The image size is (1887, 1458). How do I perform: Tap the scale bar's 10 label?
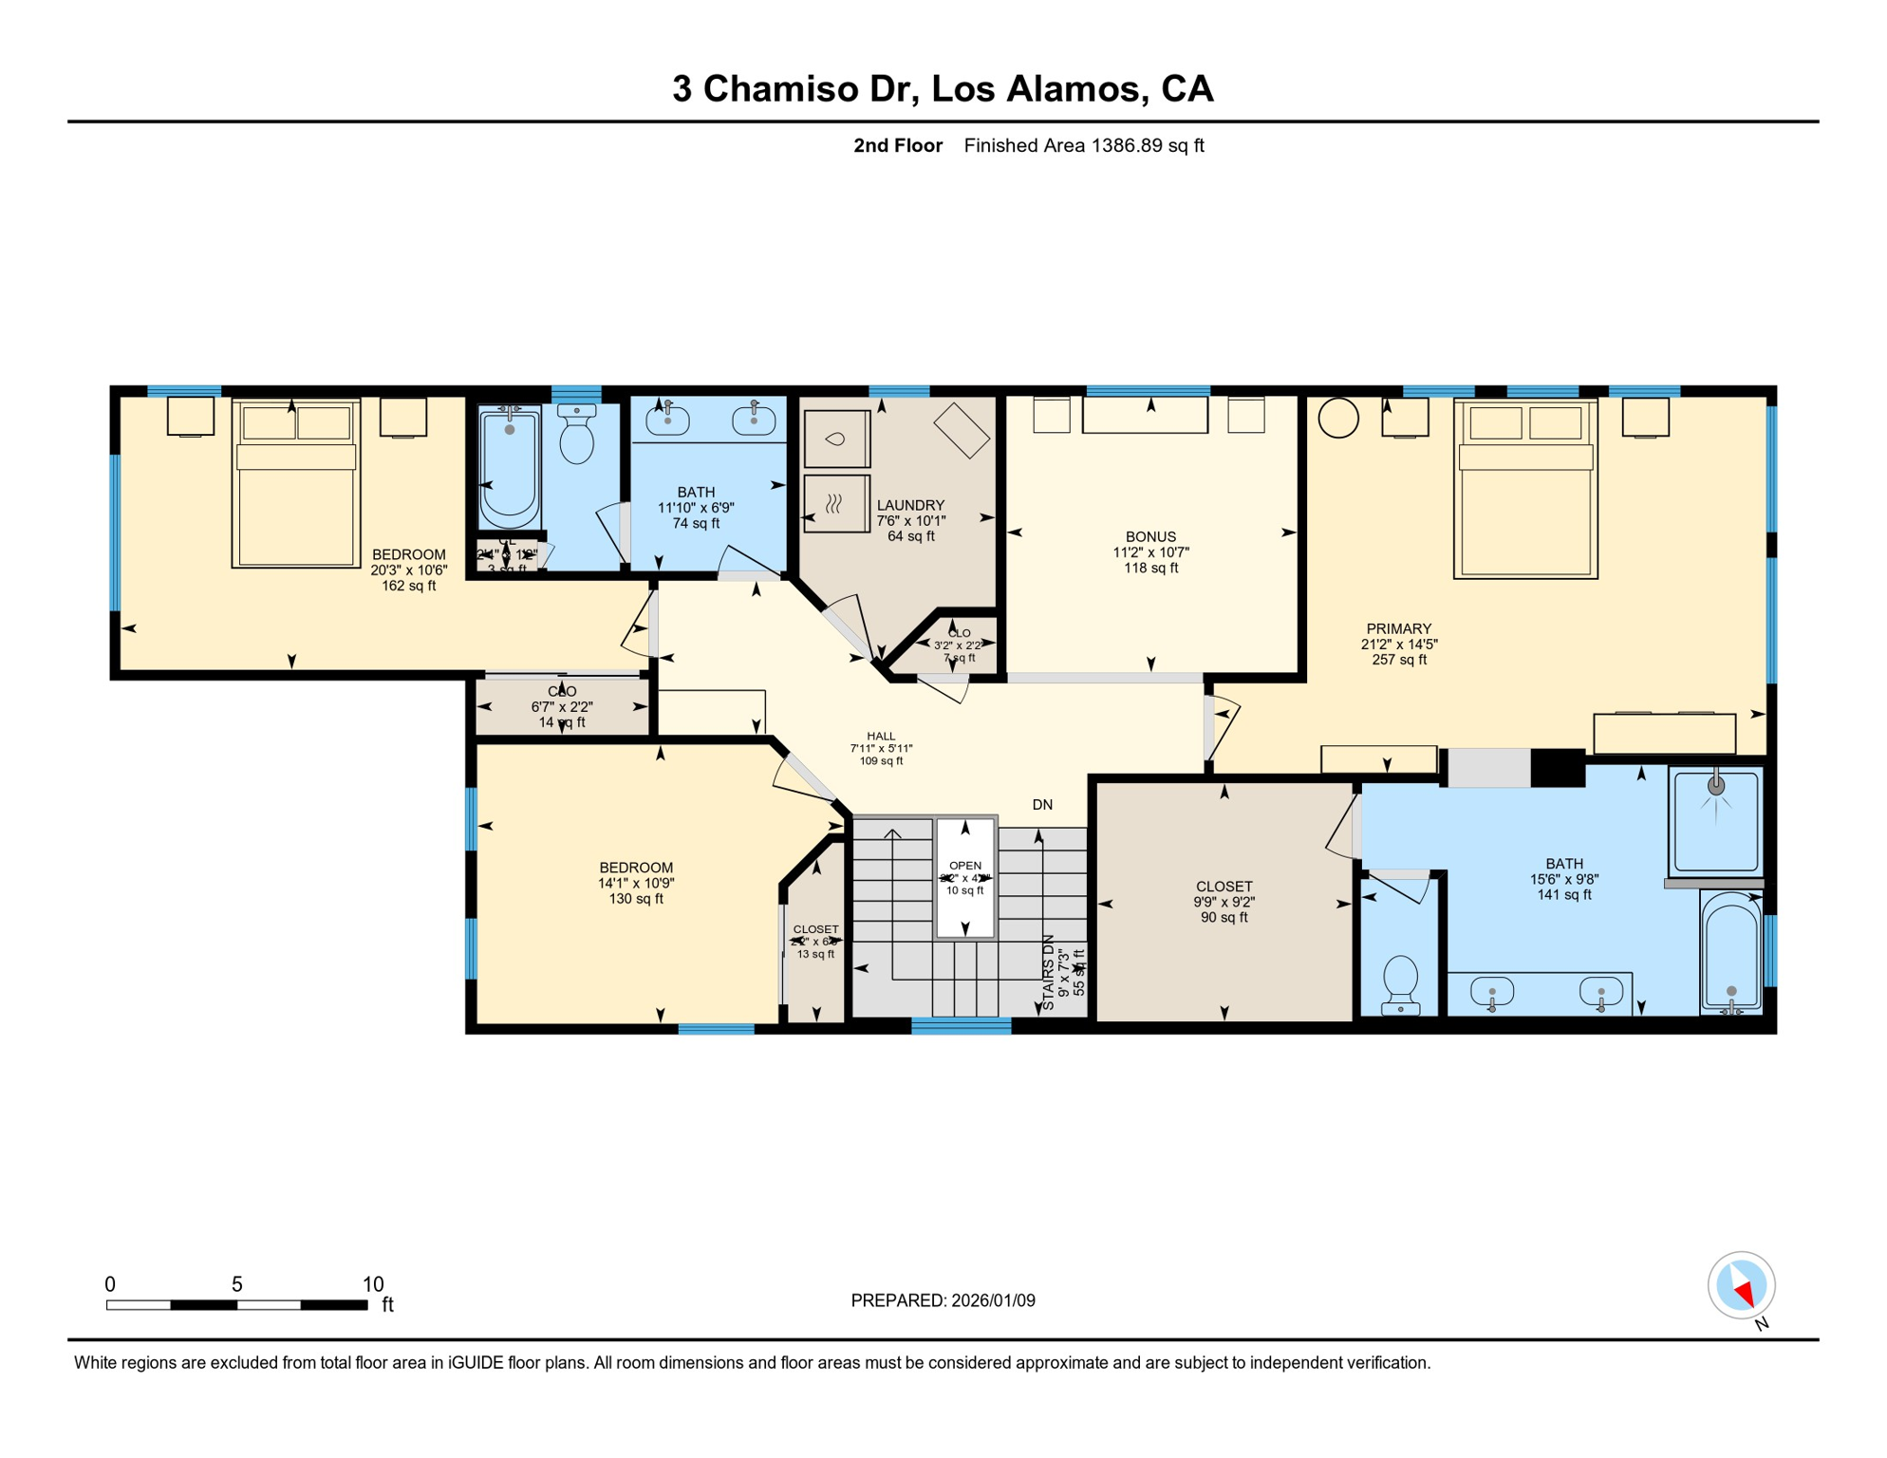pyautogui.click(x=373, y=1284)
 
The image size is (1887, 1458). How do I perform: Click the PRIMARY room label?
pyautogui.click(x=1398, y=628)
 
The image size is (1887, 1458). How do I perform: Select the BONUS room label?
pyautogui.click(x=1150, y=536)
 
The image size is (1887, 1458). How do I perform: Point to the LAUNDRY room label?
pyautogui.click(x=910, y=505)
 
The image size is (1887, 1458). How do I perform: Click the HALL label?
pyautogui.click(x=881, y=736)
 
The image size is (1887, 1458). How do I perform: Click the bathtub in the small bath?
pyautogui.click(x=510, y=467)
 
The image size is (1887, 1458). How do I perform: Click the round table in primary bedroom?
pyautogui.click(x=1338, y=418)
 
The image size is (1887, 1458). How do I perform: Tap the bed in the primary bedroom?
pyautogui.click(x=1525, y=489)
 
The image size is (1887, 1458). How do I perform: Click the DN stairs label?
pyautogui.click(x=1042, y=805)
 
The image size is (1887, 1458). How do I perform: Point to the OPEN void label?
pyautogui.click(x=965, y=866)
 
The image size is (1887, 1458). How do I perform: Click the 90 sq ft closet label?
pyautogui.click(x=1224, y=902)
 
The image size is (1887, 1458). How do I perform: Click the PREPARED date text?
pyautogui.click(x=943, y=1300)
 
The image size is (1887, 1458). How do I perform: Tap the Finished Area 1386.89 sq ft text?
pyautogui.click(x=1083, y=145)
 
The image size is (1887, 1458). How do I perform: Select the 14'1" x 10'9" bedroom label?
pyautogui.click(x=635, y=883)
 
